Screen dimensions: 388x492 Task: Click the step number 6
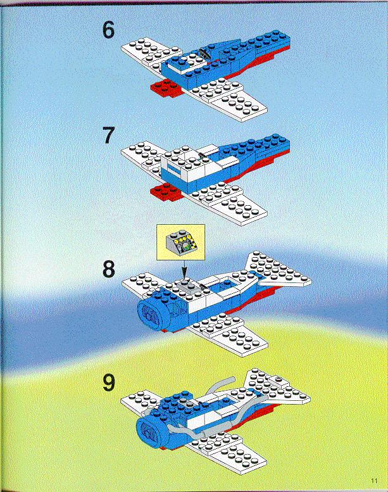[108, 30]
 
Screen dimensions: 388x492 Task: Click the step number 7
[108, 136]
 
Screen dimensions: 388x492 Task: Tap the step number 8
[108, 269]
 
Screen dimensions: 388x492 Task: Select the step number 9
[108, 383]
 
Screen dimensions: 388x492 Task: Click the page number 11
[374, 481]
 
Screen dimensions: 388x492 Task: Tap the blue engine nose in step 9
[152, 429]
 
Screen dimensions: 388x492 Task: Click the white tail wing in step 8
[277, 270]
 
